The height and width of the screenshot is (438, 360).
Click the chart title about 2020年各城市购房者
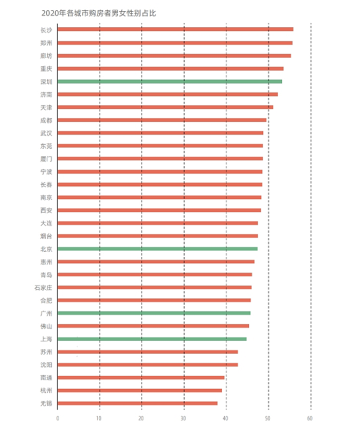98,12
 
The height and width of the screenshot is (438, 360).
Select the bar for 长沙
175,29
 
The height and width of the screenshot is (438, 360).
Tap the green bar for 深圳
170,81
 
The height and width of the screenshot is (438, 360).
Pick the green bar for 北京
157,249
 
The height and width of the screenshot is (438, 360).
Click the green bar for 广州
154,313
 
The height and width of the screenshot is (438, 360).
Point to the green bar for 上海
152,339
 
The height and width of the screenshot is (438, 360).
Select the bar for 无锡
137,403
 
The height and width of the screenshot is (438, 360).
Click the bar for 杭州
139,390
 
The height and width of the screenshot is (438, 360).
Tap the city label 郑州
46,43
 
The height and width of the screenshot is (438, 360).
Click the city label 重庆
46,68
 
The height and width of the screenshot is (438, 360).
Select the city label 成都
46,120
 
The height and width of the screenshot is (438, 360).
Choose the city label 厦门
46,159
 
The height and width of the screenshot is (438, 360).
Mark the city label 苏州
46,352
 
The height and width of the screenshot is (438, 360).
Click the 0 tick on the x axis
58,418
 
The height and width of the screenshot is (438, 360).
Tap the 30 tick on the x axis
184,418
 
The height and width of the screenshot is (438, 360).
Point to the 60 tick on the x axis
311,418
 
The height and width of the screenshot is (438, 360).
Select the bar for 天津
165,107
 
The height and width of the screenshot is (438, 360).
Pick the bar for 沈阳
148,364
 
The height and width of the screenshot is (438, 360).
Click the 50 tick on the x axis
268,418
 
